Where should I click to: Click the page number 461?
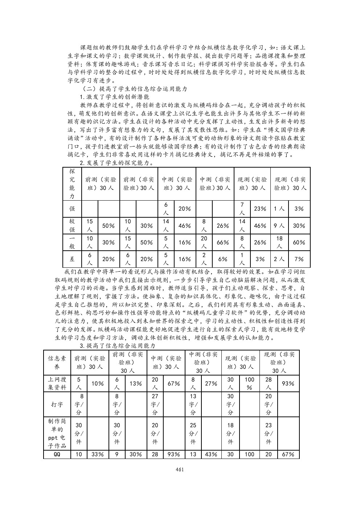180,469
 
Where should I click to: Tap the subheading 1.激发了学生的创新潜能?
114,97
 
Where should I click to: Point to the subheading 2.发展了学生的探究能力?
116,163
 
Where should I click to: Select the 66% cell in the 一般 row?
222,242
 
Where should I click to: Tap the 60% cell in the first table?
299,242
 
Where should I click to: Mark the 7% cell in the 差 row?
299,259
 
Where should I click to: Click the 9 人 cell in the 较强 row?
279,225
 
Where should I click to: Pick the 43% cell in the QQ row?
211,455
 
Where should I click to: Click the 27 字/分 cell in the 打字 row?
155,404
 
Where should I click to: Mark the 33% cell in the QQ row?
97,455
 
